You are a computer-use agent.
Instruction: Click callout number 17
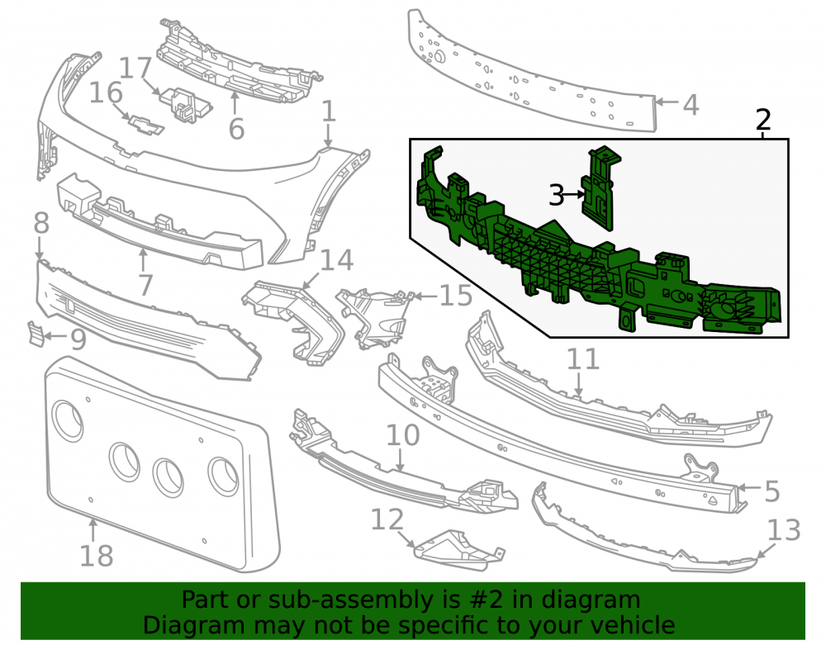coord(135,69)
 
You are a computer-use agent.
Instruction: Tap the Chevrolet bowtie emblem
coord(146,125)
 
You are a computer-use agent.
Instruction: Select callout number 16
coord(106,93)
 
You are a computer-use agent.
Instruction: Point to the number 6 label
coord(236,129)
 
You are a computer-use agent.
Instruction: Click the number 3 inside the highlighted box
coord(556,195)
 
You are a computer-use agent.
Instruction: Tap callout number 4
coord(691,105)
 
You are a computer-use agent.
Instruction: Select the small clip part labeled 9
coord(36,334)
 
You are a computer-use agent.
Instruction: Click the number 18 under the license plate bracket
coord(97,556)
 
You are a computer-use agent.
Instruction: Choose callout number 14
coord(337,260)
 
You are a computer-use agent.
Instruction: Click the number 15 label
coord(456,296)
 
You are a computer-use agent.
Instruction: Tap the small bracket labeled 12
coord(458,550)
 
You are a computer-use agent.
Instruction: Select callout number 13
coord(784,530)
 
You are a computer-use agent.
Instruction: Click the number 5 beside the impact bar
coord(771,491)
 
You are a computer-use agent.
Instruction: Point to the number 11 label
coord(582,359)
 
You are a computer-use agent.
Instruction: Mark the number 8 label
coord(41,223)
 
